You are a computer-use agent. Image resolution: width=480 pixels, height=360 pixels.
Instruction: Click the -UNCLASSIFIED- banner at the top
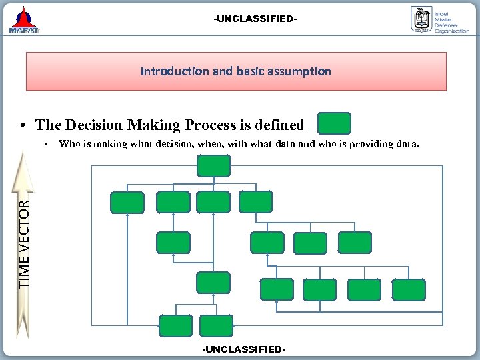tap(255, 19)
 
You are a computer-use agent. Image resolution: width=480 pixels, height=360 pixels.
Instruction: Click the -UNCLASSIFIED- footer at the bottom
tap(245, 349)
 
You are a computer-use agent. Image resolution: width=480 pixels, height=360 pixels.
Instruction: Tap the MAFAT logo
tap(24, 21)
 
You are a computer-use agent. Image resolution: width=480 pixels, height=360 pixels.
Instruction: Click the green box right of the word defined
tap(334, 124)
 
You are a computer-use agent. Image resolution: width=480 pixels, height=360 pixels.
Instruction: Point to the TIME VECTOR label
tap(25, 244)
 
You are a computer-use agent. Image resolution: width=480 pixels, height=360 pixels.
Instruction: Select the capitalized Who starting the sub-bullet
tap(68, 143)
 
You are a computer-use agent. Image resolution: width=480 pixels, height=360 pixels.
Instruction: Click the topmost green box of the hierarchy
tap(213, 165)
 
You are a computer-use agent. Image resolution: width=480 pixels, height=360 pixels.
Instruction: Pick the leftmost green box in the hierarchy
tap(127, 202)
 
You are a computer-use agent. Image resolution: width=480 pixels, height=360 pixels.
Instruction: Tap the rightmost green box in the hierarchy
tap(409, 289)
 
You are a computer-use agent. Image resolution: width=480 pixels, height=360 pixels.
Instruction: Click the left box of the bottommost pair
tap(175, 325)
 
